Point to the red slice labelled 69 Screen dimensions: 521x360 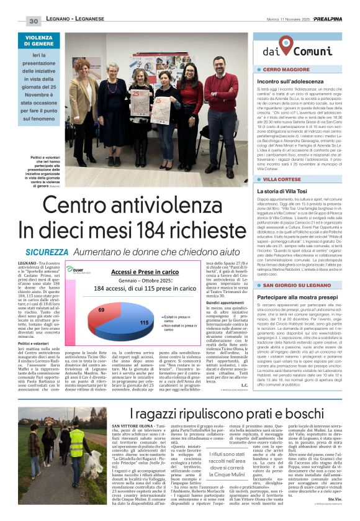click(102, 310)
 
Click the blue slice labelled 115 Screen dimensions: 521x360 click(143, 322)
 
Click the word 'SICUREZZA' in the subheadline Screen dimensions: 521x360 click(47, 252)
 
